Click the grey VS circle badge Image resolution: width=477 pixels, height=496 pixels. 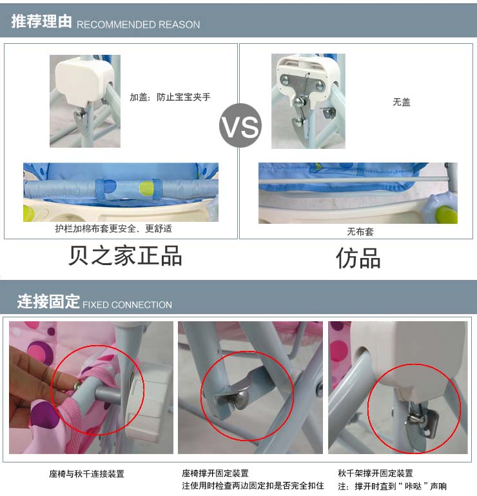tap(240, 125)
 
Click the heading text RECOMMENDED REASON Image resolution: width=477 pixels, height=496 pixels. tap(138, 25)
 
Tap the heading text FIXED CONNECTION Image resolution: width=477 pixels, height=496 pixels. tap(127, 304)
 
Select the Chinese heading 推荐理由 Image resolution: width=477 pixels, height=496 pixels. tap(41, 21)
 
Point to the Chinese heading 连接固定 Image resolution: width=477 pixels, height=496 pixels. tap(48, 301)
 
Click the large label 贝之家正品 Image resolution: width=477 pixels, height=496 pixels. tap(125, 255)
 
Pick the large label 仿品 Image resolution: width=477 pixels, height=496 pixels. tap(358, 258)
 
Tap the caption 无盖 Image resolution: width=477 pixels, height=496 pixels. tap(402, 102)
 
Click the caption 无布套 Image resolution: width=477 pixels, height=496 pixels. tap(360, 232)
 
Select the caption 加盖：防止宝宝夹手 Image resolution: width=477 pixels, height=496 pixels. tap(170, 97)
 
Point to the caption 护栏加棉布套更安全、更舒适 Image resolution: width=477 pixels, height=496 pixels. tap(113, 228)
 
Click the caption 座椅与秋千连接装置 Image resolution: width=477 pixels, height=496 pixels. tap(86, 473)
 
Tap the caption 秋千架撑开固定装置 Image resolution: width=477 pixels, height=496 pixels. tap(376, 473)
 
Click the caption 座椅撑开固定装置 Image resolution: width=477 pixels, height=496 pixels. tap(215, 473)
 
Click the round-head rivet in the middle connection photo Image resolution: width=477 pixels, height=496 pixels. tap(242, 397)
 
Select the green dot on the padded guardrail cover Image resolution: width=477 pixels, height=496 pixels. tap(146, 188)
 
